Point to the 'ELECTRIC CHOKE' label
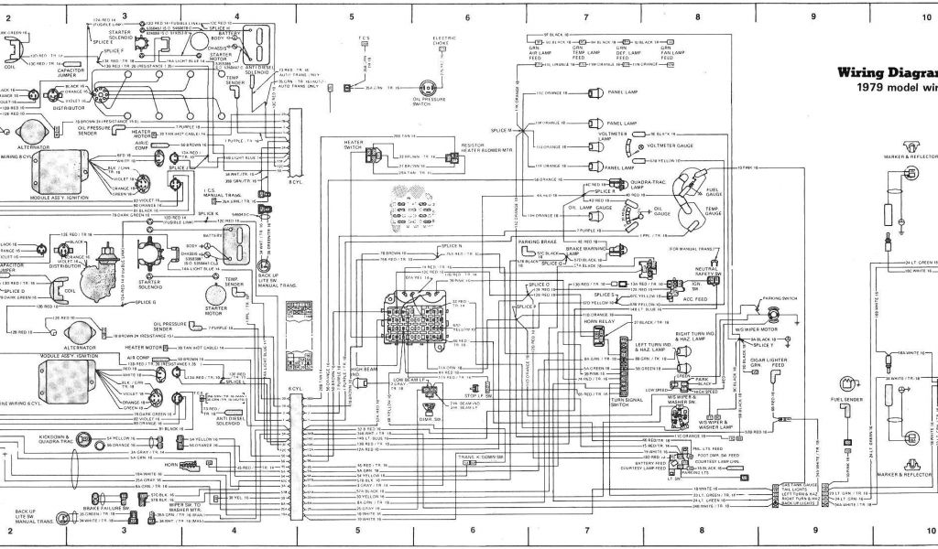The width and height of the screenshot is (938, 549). (445, 42)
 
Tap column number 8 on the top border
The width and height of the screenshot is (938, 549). (698, 17)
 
